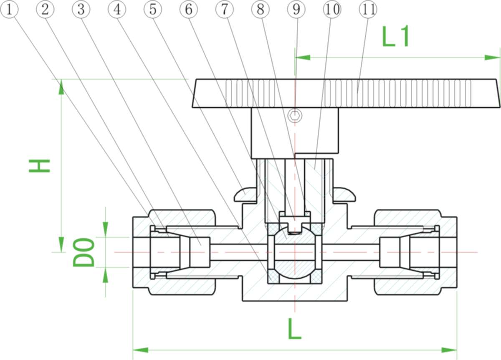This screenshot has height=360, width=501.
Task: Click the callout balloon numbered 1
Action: click(9, 10)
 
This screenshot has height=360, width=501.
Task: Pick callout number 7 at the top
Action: click(225, 10)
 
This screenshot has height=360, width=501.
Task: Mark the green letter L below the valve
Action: click(295, 329)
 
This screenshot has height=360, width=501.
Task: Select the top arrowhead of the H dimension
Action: click(61, 87)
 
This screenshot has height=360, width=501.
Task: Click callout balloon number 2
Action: click(45, 10)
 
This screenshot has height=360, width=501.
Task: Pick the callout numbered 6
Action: click(189, 10)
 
